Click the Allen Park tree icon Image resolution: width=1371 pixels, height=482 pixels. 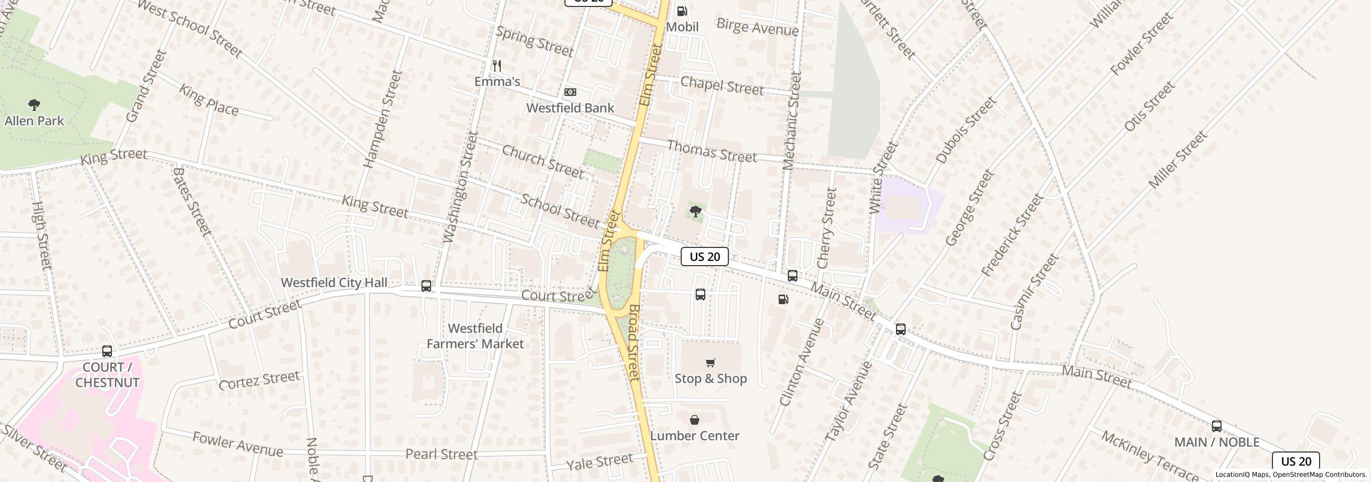coord(34,104)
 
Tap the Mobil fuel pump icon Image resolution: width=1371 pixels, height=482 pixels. coord(682,11)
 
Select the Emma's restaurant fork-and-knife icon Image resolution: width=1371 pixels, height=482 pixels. coord(497,66)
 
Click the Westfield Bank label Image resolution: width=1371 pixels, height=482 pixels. coord(570,108)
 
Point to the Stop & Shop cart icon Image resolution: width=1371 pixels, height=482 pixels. coord(711,363)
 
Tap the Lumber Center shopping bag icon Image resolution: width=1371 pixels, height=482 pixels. coord(695,420)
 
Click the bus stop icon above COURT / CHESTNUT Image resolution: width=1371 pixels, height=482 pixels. coord(107,351)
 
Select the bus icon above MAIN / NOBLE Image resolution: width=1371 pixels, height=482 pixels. coord(1216,426)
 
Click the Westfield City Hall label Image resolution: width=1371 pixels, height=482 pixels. coord(334,283)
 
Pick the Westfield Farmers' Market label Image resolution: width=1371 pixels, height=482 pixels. coord(475,336)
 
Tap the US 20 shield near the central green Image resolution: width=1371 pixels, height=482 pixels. coord(704,257)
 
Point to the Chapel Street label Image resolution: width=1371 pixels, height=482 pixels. coord(721,86)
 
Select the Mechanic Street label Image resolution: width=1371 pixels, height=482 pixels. coord(791,121)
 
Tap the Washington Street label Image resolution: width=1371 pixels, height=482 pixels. coord(460,187)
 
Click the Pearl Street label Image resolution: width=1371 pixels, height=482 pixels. coord(441,455)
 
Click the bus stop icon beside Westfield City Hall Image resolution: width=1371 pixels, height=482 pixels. coord(426,286)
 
